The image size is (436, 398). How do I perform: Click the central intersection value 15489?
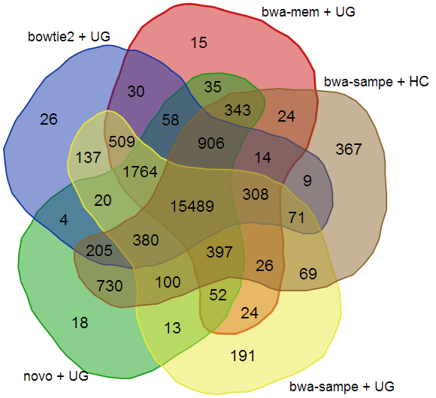point(192,207)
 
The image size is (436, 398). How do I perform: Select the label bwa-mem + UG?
point(308,12)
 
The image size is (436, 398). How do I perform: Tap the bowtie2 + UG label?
point(69,37)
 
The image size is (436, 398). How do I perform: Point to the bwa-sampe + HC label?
point(376,82)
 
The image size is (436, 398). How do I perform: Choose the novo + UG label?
point(56,376)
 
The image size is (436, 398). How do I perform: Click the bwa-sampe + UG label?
point(342,387)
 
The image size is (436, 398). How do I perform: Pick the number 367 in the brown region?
point(349,149)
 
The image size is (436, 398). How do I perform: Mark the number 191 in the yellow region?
point(243,356)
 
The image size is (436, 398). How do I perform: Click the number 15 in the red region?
point(198,43)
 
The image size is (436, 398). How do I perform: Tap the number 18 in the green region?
point(80,323)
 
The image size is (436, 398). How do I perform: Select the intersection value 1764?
point(140,172)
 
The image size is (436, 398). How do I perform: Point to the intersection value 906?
point(211,143)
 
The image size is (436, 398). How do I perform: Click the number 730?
point(110,286)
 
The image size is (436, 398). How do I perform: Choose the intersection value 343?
point(238,110)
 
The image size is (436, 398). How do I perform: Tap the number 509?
point(122,142)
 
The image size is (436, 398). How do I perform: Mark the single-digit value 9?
point(307,181)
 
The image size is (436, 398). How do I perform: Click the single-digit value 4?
point(64,220)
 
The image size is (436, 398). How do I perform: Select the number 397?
point(220,252)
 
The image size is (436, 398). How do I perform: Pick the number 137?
point(88,158)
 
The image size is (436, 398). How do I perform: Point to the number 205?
point(99,251)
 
